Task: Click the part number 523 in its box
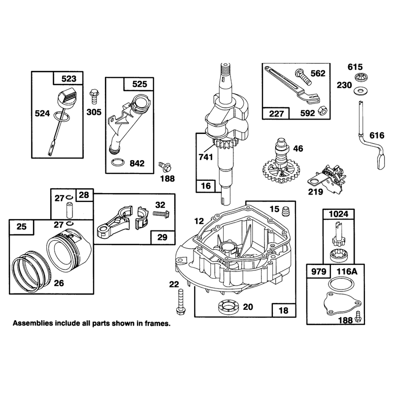coord(68,79)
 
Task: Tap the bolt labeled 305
coord(94,96)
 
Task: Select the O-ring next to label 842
coord(118,163)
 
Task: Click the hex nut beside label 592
coord(322,110)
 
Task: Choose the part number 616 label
coord(376,136)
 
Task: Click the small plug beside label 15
coord(285,211)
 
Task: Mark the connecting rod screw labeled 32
coord(161,214)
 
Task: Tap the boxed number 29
coord(162,237)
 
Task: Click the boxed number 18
coord(283,311)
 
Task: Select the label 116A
coord(347,272)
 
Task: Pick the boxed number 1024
coord(338,214)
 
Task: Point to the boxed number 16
coord(206,186)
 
